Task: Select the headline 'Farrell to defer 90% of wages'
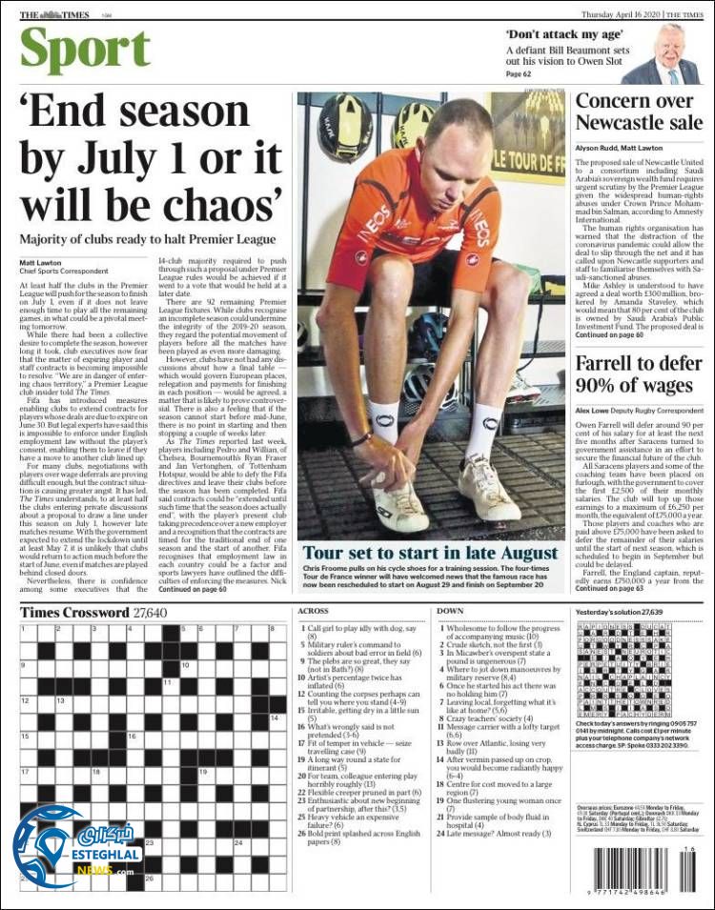[634, 374]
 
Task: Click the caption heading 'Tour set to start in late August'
[430, 554]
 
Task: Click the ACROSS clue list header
[314, 611]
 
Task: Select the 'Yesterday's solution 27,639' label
[621, 611]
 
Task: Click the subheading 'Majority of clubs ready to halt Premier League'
[147, 240]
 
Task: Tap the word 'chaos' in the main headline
[215, 204]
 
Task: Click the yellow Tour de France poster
[527, 138]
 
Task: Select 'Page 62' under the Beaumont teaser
[519, 74]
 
